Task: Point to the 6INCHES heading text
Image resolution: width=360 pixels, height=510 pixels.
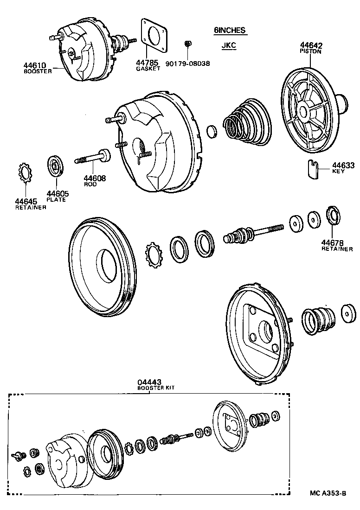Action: [x=229, y=31]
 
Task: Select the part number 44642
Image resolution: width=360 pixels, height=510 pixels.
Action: [x=311, y=45]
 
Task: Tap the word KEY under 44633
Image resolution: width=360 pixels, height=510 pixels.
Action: [x=339, y=171]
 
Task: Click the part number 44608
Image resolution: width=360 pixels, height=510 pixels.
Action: [x=95, y=178]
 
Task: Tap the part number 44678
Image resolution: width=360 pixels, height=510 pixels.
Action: [x=333, y=242]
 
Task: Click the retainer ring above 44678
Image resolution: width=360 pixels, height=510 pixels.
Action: [x=333, y=216]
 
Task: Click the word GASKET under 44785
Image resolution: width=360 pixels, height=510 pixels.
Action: [x=148, y=69]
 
